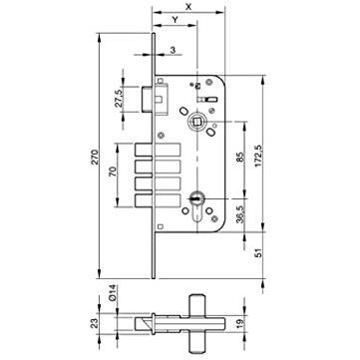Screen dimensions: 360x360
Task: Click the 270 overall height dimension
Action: (95, 157)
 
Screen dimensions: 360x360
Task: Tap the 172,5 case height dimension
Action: (259, 156)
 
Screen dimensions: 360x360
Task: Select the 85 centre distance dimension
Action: (241, 157)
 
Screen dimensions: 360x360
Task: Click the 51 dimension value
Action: (259, 253)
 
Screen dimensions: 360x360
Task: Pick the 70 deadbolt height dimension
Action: (113, 172)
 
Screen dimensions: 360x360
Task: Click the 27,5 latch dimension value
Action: (119, 99)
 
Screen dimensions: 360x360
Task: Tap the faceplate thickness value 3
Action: (173, 50)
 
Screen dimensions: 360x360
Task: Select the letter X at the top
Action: (188, 6)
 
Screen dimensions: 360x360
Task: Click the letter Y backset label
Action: (176, 19)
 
